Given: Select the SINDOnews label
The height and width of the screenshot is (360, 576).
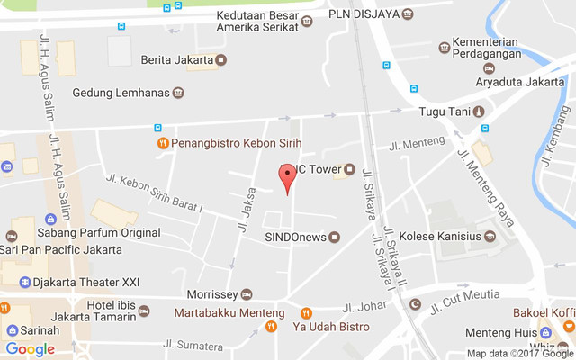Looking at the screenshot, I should [x=294, y=238].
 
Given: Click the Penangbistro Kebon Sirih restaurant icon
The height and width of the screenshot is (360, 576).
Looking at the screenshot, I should [x=162, y=143].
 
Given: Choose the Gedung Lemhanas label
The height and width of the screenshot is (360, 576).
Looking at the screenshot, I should [x=121, y=93].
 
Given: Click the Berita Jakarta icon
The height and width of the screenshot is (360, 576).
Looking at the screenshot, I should [x=221, y=60].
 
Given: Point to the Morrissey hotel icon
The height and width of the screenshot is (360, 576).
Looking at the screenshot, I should [x=247, y=294].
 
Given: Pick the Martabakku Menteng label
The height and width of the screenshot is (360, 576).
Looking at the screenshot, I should [x=229, y=313].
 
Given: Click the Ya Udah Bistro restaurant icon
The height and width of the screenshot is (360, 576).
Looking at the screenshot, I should [x=307, y=313].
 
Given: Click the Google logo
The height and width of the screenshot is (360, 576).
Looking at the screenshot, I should [x=30, y=349].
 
